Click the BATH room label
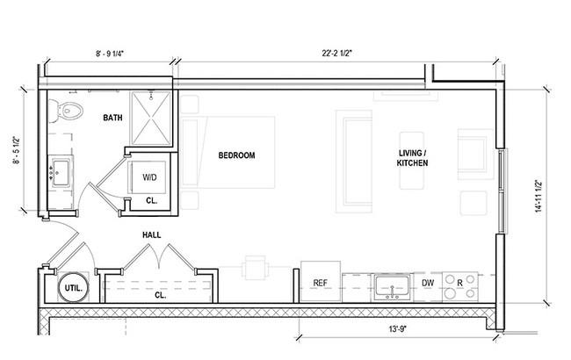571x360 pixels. click(112, 118)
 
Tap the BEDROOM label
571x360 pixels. click(236, 155)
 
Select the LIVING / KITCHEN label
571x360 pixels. click(412, 158)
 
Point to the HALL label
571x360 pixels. click(151, 235)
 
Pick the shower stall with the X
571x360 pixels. click(151, 119)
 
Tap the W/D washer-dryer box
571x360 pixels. click(149, 177)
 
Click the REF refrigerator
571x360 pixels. click(321, 281)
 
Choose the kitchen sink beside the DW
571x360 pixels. click(393, 288)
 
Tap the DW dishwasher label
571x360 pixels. click(428, 283)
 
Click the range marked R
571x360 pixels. click(460, 287)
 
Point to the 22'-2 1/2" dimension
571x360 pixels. click(337, 54)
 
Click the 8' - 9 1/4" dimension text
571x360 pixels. click(110, 54)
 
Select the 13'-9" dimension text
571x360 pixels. click(398, 329)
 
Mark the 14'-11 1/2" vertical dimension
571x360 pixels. click(538, 197)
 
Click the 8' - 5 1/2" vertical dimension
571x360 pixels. click(17, 150)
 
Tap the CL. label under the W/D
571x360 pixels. click(151, 200)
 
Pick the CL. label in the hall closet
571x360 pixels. click(160, 295)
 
